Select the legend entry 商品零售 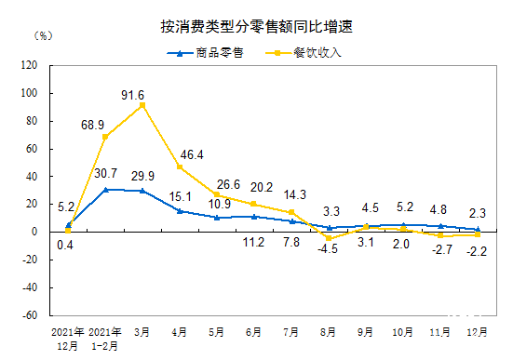pos(206,52)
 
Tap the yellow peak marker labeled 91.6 pos(142,105)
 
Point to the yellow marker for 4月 pos(179,167)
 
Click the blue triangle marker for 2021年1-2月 pos(105,189)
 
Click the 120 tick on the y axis pos(28,66)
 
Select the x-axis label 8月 pos(328,331)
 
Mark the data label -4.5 pos(327,248)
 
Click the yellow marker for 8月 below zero pos(328,238)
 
